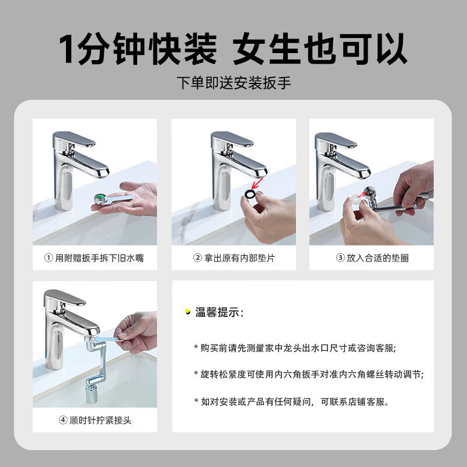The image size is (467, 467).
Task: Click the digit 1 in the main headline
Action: (69, 49)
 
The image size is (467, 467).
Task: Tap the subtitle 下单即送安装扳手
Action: (233, 83)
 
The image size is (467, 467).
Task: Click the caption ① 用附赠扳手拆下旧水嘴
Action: (95, 258)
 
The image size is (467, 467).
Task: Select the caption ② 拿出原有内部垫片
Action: (233, 258)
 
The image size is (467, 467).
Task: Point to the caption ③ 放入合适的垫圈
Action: (372, 258)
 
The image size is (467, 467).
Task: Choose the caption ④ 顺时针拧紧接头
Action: (95, 420)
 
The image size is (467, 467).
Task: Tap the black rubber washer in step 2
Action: (250, 193)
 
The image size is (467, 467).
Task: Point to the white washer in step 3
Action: (354, 199)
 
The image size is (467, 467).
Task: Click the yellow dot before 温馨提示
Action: (187, 313)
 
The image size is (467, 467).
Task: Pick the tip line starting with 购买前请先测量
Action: (295, 348)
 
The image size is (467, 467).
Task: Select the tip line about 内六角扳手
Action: (308, 374)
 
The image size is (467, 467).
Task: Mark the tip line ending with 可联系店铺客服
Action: (291, 401)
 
